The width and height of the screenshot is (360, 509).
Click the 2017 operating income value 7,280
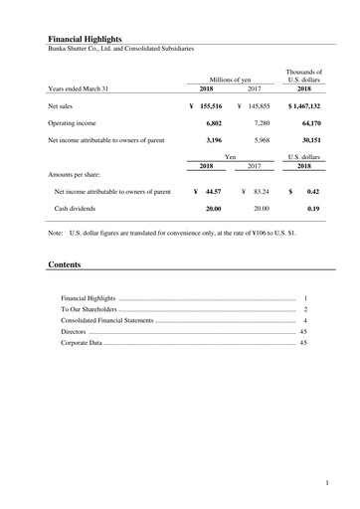tap(262, 122)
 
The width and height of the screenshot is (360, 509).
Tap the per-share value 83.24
tap(263, 190)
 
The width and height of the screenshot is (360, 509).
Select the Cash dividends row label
tap(80, 208)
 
